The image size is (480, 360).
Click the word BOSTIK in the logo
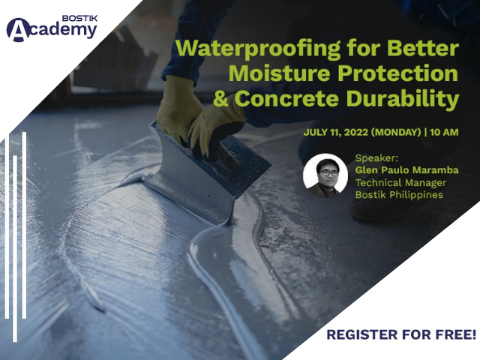tap(79, 18)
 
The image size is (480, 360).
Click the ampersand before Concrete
tap(220, 98)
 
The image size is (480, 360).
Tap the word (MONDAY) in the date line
tap(396, 132)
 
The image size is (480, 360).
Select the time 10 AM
tap(444, 132)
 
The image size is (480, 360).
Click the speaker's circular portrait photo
tap(325, 175)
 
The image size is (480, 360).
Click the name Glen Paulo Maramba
tap(406, 170)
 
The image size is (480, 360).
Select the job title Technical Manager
tap(400, 183)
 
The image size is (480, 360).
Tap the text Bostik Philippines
tap(399, 195)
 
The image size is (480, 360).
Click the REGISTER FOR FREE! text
tap(401, 334)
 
